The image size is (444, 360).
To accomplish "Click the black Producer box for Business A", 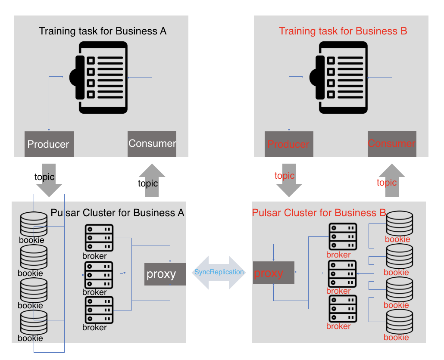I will point(49,144).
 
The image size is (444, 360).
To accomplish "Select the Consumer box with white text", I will point(152,143).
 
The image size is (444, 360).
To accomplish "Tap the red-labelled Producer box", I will point(288,144).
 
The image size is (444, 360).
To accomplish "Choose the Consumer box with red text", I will point(392,143).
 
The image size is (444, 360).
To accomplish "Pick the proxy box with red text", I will point(273,273).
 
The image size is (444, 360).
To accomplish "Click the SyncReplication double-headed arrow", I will point(219,273).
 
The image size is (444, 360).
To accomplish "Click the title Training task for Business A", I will point(103,31).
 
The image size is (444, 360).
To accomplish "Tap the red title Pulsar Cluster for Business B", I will point(319,213).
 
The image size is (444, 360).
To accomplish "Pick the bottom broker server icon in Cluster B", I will point(343,308).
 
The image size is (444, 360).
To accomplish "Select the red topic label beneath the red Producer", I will point(285,176).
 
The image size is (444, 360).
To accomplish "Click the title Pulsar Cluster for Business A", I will point(117,213).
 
